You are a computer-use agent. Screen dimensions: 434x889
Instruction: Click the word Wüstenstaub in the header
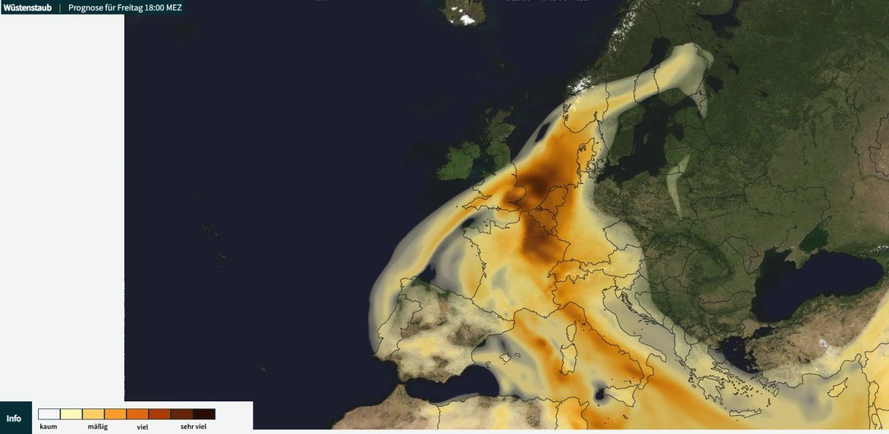coord(27,8)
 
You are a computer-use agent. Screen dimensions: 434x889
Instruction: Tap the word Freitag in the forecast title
coord(128,8)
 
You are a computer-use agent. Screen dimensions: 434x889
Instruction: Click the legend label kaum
coord(49,426)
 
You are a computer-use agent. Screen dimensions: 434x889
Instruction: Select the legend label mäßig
coord(97,426)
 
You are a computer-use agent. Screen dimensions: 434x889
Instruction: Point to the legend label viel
coord(142,426)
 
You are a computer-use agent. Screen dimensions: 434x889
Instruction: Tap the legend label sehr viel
coord(193,426)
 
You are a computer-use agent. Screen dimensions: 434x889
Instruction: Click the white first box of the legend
coord(49,414)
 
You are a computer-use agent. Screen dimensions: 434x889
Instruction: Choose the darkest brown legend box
coord(204,414)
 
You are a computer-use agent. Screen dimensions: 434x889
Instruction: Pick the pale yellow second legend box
coord(71,414)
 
